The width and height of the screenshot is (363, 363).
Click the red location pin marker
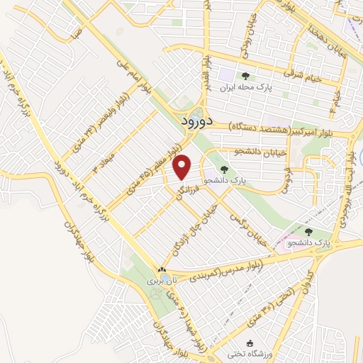tap(183, 167)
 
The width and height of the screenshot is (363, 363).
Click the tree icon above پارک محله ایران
tap(245, 76)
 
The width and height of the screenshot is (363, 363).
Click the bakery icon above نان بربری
tap(162, 270)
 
